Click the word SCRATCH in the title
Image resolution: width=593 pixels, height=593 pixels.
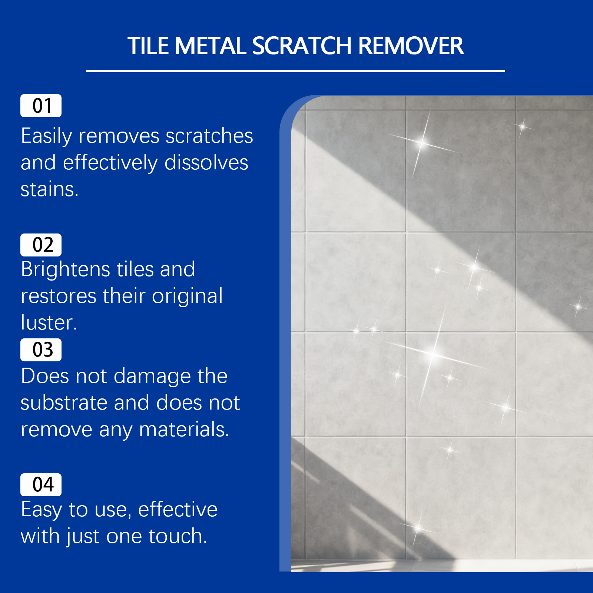(302, 46)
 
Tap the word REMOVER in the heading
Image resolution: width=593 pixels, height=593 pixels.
(411, 46)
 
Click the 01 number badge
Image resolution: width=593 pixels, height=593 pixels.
(41, 106)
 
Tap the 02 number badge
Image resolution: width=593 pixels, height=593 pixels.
(41, 245)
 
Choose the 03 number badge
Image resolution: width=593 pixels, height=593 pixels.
(41, 350)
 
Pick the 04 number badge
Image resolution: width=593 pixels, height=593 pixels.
(41, 485)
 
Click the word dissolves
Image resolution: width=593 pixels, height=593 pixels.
(206, 162)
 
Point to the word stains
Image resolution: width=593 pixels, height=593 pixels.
(49, 189)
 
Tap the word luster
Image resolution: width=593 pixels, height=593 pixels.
(49, 322)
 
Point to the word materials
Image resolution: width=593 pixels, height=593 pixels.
(184, 430)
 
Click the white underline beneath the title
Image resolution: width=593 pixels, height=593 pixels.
(295, 71)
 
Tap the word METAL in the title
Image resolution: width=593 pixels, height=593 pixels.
(211, 46)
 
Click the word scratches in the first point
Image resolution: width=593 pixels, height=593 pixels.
(209, 136)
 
